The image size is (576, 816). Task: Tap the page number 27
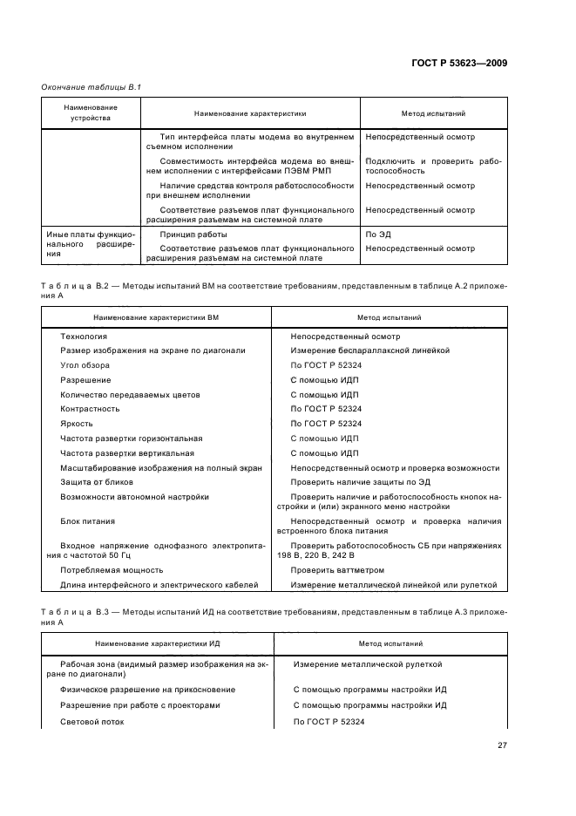tap(503, 745)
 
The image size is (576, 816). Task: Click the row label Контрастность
tap(89, 409)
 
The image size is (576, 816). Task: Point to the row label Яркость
tap(77, 423)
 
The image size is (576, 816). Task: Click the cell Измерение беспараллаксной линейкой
tap(369, 350)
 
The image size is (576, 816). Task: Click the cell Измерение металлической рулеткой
tap(368, 664)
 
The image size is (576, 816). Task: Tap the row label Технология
tap(84, 336)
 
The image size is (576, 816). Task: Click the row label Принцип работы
tap(193, 235)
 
